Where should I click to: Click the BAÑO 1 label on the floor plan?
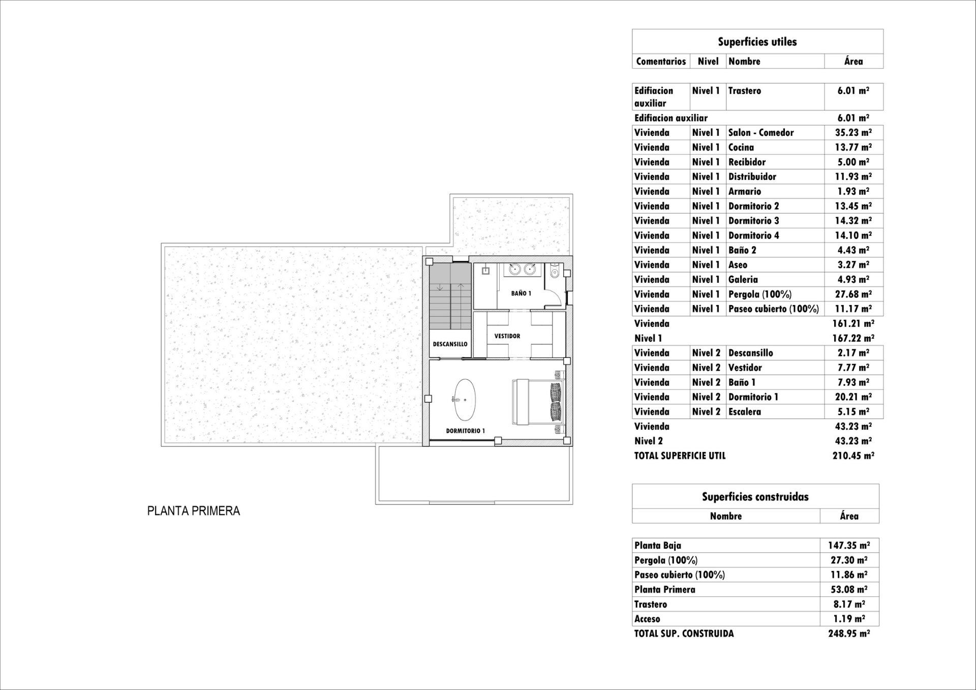tap(521, 293)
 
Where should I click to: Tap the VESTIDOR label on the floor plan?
tap(507, 336)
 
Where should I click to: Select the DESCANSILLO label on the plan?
tap(450, 344)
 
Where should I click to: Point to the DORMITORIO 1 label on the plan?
tap(465, 431)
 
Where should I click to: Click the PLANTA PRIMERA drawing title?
tap(193, 511)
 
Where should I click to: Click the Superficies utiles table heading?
tap(757, 42)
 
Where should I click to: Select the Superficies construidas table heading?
tap(755, 497)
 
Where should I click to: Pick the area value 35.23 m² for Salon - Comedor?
tap(853, 133)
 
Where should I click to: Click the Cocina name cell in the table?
tap(741, 147)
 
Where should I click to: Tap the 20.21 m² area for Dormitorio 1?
tap(853, 397)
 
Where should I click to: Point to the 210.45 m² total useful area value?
tap(853, 456)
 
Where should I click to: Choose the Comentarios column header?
tap(661, 62)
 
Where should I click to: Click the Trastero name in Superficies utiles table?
tap(744, 91)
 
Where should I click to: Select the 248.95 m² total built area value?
tap(848, 634)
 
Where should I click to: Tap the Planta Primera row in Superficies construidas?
tap(664, 590)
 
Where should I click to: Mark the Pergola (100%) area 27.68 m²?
tap(853, 294)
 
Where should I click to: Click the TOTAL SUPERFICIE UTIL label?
tap(680, 456)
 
